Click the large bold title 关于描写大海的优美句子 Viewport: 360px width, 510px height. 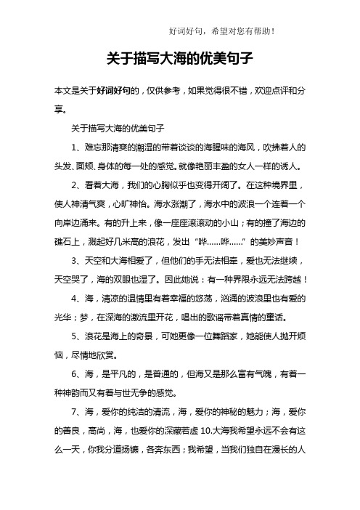click(x=179, y=57)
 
